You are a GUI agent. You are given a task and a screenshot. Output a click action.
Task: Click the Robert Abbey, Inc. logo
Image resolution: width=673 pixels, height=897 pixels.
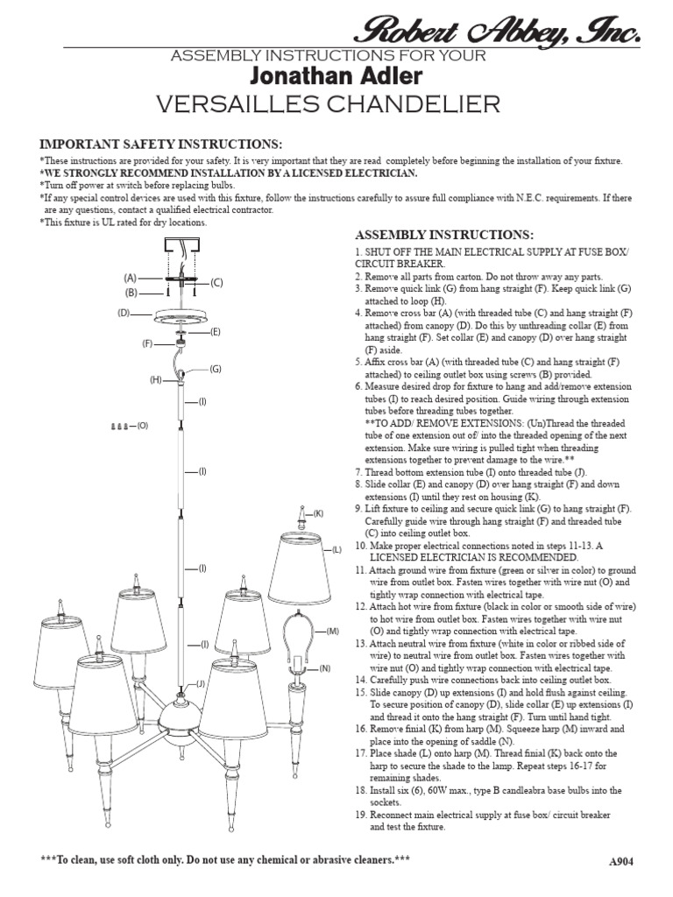point(496,32)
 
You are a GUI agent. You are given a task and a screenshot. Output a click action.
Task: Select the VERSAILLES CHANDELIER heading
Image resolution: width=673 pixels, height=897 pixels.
point(328,105)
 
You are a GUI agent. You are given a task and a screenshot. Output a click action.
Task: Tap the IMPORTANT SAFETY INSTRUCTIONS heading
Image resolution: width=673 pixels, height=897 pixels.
point(160,144)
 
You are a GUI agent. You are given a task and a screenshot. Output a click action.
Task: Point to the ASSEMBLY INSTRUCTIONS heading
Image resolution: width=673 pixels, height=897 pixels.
point(443,236)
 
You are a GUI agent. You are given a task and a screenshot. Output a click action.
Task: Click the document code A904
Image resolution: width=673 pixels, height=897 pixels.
point(620,861)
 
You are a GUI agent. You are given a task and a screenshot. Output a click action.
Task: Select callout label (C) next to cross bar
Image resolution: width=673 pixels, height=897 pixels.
point(217,282)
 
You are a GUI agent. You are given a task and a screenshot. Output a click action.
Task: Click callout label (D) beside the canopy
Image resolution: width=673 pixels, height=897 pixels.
point(124,312)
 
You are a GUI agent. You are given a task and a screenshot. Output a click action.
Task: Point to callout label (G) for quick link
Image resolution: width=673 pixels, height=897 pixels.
point(215,370)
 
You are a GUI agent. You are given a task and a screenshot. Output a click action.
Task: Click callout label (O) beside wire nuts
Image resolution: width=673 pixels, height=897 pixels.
point(143,426)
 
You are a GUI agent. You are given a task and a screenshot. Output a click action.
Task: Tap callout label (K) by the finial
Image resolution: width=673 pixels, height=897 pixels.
point(318,512)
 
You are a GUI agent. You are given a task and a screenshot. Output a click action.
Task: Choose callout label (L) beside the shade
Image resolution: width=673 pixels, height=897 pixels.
point(336,549)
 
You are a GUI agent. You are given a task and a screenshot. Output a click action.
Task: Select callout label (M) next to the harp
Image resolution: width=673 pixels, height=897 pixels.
point(332,631)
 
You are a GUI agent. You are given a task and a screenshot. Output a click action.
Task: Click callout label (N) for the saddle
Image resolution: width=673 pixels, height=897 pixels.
point(324,668)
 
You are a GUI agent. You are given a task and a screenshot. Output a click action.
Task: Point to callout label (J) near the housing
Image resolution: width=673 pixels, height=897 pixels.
point(200,683)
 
